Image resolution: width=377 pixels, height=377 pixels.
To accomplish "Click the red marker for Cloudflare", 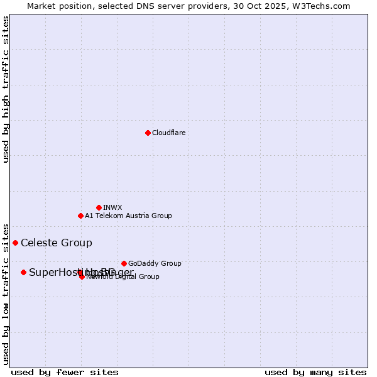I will [148, 133].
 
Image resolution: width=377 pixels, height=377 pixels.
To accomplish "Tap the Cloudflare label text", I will [168, 133].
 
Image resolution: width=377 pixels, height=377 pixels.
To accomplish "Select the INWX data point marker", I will [99, 207].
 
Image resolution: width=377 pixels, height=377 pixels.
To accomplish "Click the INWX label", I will [112, 207].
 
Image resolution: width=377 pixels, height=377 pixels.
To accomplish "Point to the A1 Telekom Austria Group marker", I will [80, 216].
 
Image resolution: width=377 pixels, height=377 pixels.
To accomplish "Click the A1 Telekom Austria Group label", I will [128, 216].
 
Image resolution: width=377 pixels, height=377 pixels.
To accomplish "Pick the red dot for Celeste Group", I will [15, 243].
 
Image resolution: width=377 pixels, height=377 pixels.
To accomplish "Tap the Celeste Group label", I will [57, 243].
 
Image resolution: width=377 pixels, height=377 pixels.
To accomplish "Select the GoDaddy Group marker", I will [124, 263].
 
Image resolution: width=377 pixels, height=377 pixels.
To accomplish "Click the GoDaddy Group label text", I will [155, 263].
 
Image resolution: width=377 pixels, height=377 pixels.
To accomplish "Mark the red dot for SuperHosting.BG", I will [23, 272].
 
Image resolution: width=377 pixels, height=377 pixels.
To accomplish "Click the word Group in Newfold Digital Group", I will [149, 276].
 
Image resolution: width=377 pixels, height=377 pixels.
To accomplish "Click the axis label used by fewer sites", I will [65, 372].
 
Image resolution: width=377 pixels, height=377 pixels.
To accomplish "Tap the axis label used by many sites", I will [315, 372].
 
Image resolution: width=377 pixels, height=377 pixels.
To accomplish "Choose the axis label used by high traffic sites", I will [6, 89].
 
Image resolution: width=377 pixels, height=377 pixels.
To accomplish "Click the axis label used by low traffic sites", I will [6, 293].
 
